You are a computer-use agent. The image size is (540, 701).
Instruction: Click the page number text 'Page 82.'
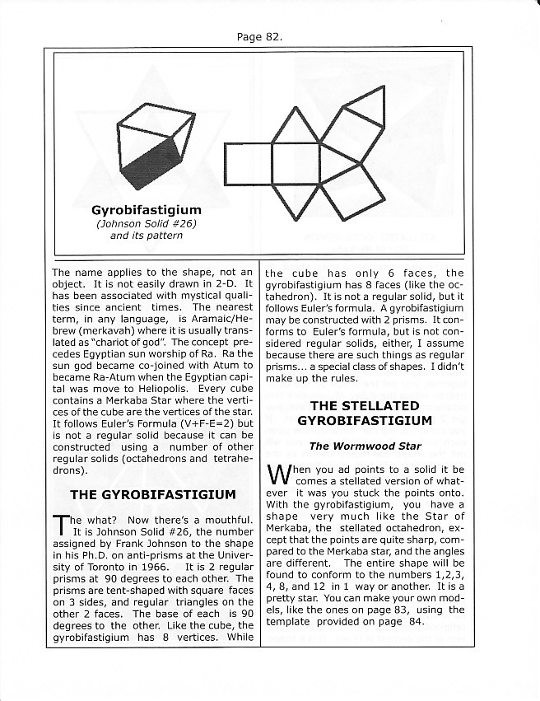[x=258, y=37]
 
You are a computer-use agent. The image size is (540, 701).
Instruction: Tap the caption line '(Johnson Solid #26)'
[x=147, y=222]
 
